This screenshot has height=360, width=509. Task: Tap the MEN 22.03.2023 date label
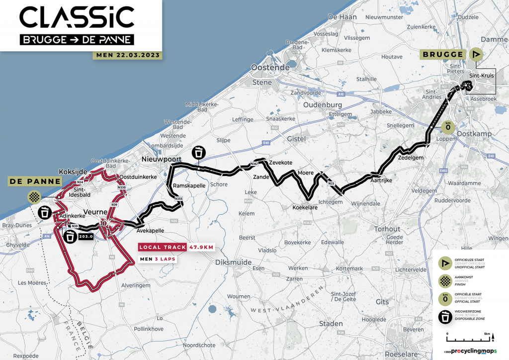[127, 55]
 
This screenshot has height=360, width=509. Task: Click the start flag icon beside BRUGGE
[476, 55]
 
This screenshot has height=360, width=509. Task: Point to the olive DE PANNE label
[34, 181]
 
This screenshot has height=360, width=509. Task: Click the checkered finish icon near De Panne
[34, 197]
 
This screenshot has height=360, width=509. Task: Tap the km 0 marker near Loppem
[448, 127]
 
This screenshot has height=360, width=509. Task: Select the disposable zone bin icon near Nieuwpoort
[199, 152]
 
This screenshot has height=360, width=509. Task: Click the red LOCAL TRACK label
[163, 247]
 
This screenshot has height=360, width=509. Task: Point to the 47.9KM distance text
[201, 247]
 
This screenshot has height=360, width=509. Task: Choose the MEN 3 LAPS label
[158, 259]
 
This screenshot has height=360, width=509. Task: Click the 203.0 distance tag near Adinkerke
[86, 237]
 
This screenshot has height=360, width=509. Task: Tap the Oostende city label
[270, 67]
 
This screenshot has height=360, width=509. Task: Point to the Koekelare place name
[305, 207]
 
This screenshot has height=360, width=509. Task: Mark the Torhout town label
[387, 229]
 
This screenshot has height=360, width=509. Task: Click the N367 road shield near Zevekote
[254, 164]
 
